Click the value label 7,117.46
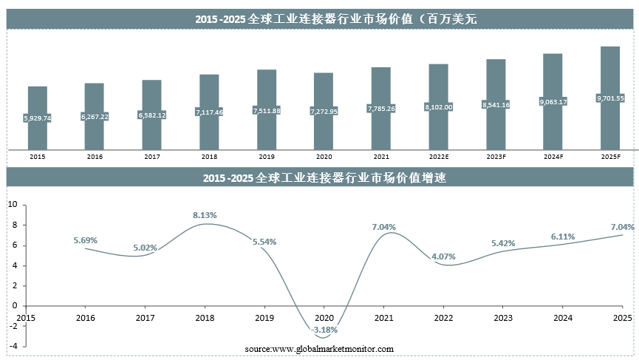pos(209,112)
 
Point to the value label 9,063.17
pos(553,102)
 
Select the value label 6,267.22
pos(95,116)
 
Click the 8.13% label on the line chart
pos(204,215)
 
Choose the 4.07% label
pos(443,257)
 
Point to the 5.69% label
pos(85,240)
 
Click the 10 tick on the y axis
pos(12,204)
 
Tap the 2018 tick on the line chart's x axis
pos(204,318)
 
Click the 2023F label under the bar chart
pos(496,157)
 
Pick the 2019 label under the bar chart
pos(267,157)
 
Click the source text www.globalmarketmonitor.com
pos(319,349)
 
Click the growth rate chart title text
pos(319,178)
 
